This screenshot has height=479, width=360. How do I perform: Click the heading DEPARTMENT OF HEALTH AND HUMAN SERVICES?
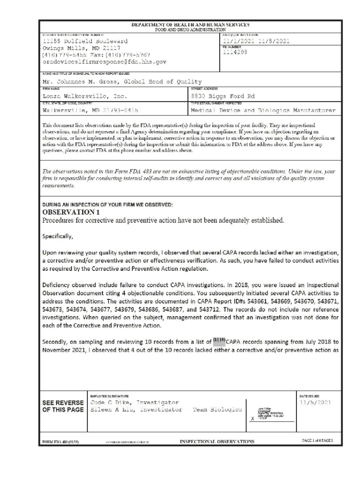(190, 24)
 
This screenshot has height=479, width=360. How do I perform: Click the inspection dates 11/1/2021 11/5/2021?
(256, 41)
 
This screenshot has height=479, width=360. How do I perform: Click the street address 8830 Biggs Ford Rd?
(223, 96)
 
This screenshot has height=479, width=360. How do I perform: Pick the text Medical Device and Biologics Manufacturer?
(263, 111)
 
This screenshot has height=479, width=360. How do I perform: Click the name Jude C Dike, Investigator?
(134, 402)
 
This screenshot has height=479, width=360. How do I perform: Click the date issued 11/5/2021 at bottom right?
(315, 402)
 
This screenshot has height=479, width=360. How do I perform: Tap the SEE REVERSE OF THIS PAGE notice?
(63, 406)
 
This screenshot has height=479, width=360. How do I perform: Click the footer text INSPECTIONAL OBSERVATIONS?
(217, 442)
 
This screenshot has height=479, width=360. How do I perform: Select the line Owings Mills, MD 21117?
(82, 48)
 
